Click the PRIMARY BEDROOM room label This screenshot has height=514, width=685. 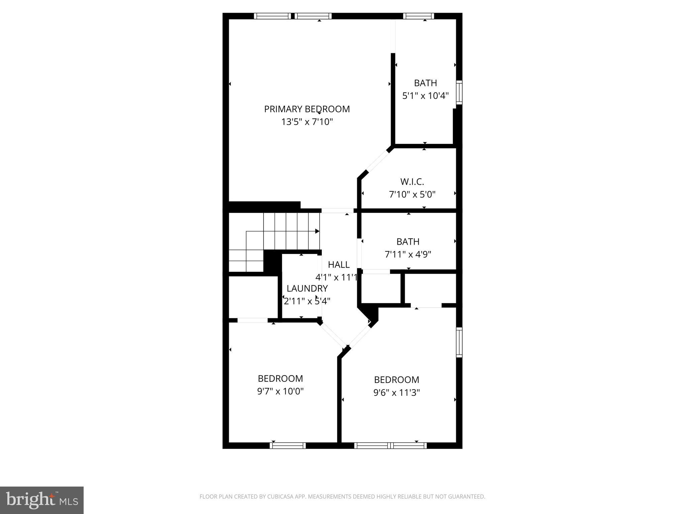click(307, 109)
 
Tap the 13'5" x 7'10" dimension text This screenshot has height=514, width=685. click(307, 122)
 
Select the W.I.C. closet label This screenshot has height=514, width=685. click(412, 182)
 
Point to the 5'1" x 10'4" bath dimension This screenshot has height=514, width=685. click(425, 96)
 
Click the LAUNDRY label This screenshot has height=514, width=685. click(307, 288)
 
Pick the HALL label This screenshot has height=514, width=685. click(339, 265)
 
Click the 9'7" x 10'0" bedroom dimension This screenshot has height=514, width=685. click(280, 391)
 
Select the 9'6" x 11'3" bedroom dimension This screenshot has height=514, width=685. click(396, 393)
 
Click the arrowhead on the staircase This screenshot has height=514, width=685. click(317, 231)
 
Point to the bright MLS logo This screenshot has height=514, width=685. click(42, 500)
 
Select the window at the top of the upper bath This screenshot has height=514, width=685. click(418, 16)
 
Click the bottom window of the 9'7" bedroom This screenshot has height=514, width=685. click(288, 445)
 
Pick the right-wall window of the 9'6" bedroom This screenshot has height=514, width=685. click(460, 342)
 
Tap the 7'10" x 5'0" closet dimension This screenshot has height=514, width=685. click(412, 194)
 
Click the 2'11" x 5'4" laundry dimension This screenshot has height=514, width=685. click(307, 301)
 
